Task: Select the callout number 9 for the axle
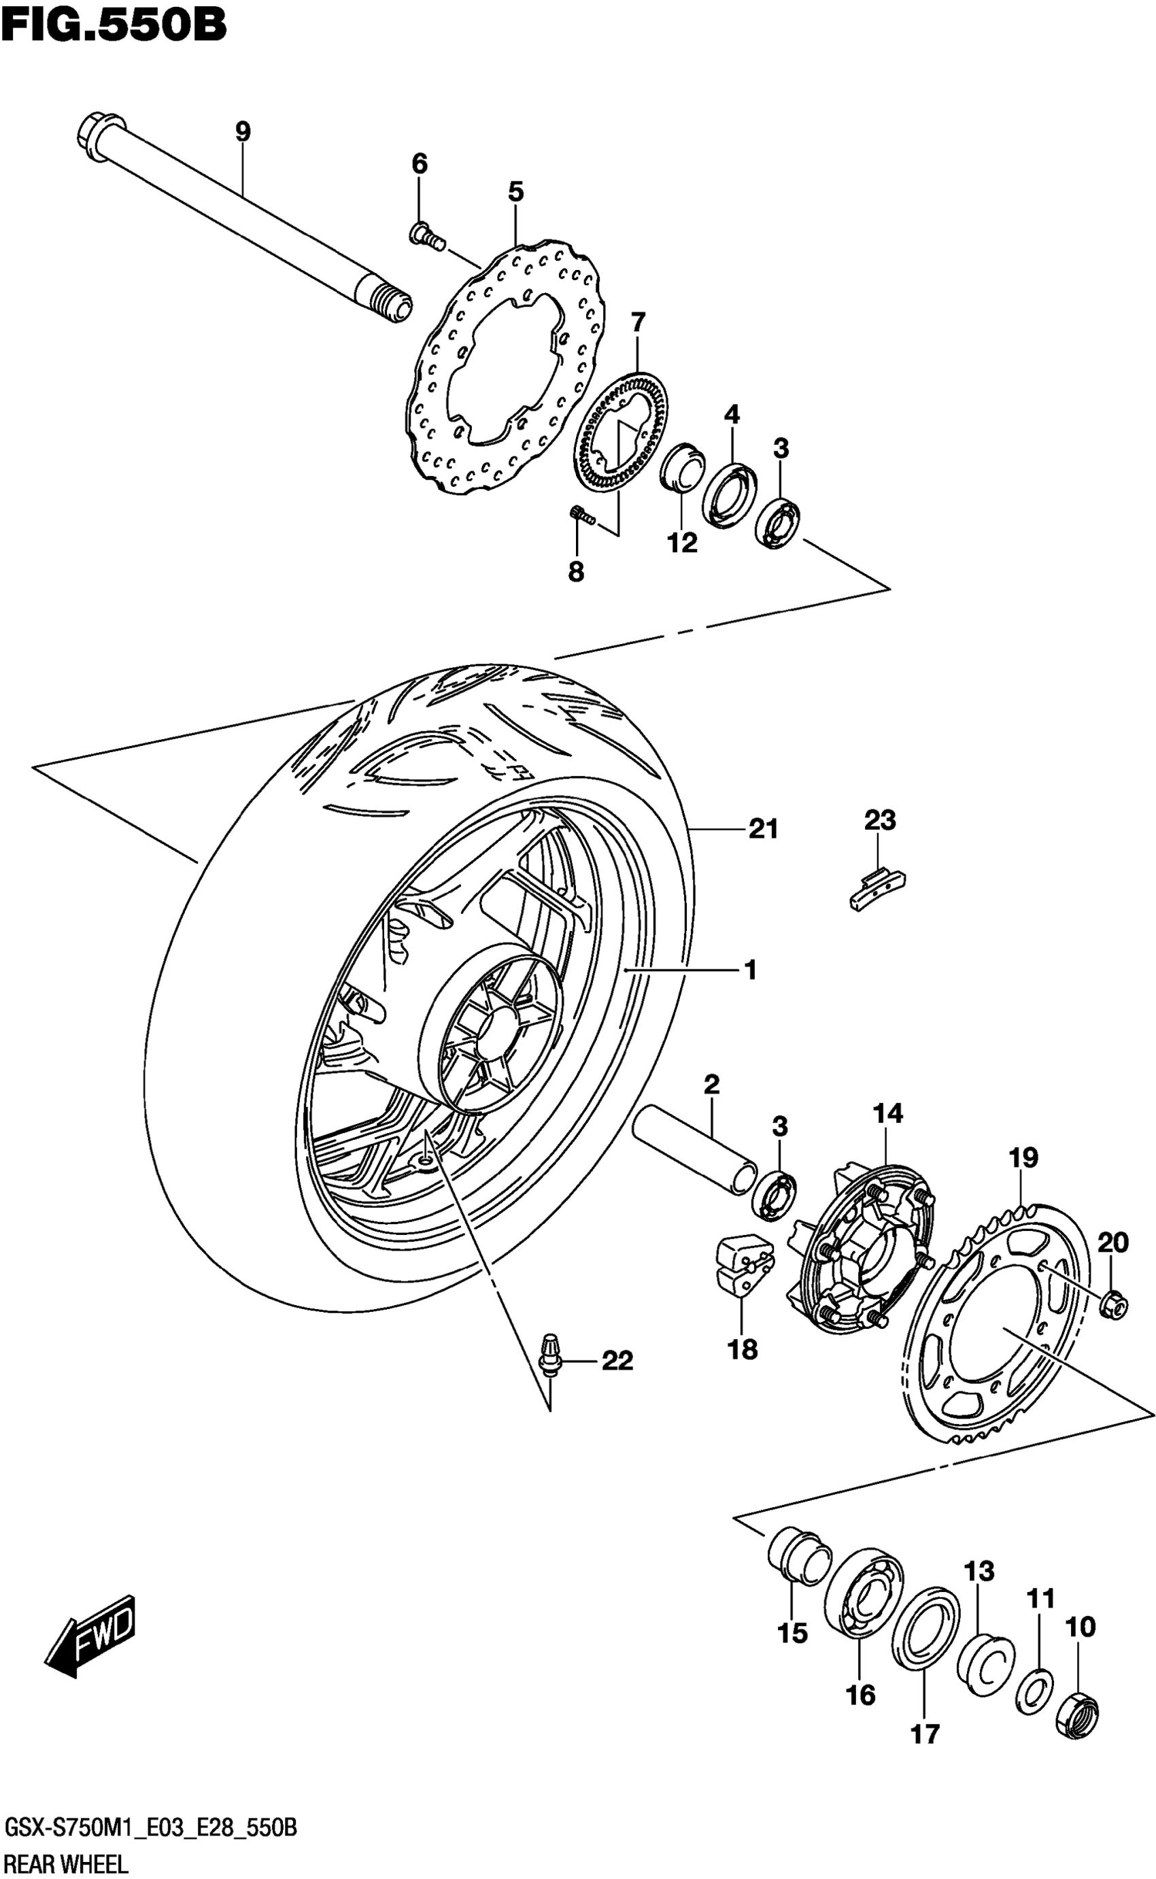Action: point(242,131)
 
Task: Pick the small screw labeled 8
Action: point(583,517)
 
